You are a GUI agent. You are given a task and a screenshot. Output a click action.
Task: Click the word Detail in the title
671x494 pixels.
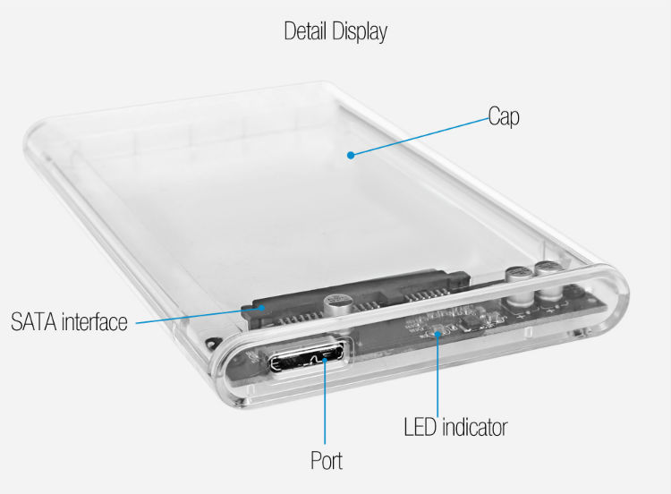306,30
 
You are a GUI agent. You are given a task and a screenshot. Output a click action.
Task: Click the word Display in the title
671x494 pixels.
360,32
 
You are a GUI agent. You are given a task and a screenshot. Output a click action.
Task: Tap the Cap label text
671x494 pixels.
504,117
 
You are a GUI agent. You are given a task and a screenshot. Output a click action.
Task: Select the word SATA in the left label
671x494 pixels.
34,322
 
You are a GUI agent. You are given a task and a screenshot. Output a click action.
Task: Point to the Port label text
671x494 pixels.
327,461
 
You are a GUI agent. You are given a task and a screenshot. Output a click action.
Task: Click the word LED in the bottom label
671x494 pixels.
420,427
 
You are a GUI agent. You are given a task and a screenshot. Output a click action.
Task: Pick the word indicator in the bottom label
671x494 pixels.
474,427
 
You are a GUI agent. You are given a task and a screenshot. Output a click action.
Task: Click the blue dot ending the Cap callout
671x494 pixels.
351,155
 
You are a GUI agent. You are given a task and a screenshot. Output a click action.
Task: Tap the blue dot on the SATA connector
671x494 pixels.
261,307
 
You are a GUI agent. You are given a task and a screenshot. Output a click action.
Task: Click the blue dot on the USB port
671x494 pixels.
325,359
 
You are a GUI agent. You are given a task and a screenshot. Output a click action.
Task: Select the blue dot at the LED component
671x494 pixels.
437,334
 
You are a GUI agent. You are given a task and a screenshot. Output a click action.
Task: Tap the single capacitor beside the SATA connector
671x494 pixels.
338,306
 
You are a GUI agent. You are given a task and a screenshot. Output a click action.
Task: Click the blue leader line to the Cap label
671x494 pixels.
420,137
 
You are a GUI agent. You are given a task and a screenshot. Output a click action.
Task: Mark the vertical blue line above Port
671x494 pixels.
325,402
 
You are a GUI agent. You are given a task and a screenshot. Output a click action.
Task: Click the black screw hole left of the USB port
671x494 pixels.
210,343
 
